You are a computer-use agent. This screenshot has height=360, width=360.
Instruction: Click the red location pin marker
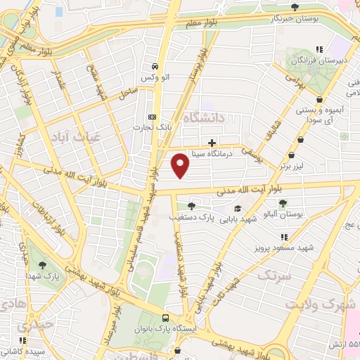point(181,165)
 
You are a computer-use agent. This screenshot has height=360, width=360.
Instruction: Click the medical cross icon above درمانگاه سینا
point(212,141)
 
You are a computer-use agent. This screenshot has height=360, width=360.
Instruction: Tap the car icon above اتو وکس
point(153,65)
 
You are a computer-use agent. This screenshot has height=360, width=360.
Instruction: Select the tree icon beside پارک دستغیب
point(191,206)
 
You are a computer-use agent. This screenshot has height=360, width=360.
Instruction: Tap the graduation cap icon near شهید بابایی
point(238,208)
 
